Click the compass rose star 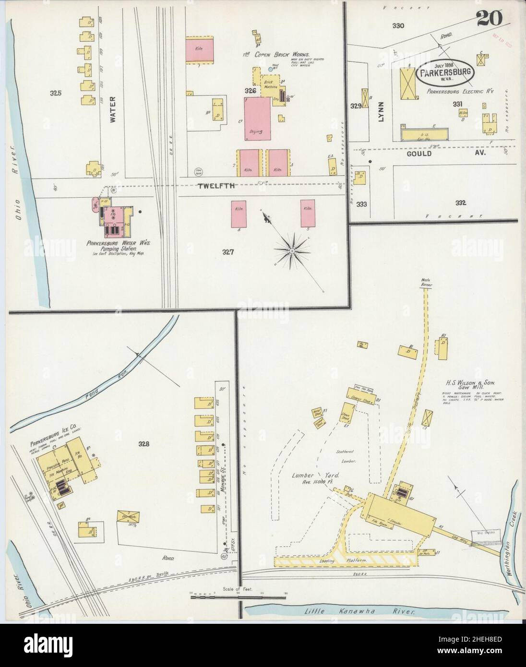pos(291,250)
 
